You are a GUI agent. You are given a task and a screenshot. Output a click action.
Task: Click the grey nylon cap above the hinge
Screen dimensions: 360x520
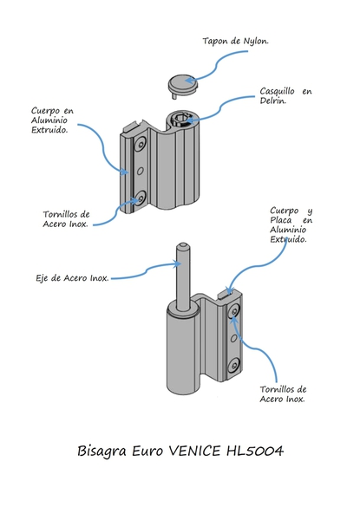tap(183, 86)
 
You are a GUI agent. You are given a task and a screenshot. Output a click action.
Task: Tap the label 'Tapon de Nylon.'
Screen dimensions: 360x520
tap(235, 41)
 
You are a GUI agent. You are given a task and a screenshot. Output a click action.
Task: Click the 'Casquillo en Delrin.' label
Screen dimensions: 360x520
tap(285, 95)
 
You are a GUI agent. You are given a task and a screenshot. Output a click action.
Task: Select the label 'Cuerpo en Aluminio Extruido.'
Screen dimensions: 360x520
tap(52, 120)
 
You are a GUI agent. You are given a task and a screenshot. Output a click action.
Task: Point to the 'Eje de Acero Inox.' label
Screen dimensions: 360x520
tap(72, 278)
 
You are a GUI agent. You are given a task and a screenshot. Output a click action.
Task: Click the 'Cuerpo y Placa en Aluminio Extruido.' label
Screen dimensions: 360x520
tap(291, 224)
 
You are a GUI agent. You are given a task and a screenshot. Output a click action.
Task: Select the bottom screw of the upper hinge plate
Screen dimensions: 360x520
tap(141, 198)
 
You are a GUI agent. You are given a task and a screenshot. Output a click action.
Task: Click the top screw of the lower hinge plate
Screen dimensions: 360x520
tap(234, 311)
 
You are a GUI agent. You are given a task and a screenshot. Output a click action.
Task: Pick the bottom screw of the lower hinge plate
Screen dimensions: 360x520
tap(234, 365)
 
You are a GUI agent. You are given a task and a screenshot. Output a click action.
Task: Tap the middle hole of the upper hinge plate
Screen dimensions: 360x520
tap(141, 171)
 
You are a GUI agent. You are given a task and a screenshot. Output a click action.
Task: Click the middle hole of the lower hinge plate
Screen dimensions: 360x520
tap(233, 338)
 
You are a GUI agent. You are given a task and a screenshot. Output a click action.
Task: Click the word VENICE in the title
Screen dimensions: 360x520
tap(194, 451)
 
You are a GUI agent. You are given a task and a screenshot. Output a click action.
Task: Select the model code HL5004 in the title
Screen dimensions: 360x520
tap(255, 451)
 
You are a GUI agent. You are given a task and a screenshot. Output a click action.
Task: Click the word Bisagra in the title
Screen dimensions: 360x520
tap(101, 452)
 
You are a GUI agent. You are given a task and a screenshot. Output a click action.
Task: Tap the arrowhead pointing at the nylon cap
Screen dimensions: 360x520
tap(188, 81)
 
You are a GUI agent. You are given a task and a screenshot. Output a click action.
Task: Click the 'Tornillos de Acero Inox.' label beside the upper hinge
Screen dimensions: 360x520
tap(66, 219)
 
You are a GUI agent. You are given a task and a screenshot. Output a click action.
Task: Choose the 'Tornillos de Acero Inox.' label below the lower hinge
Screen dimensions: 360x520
tap(283, 394)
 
